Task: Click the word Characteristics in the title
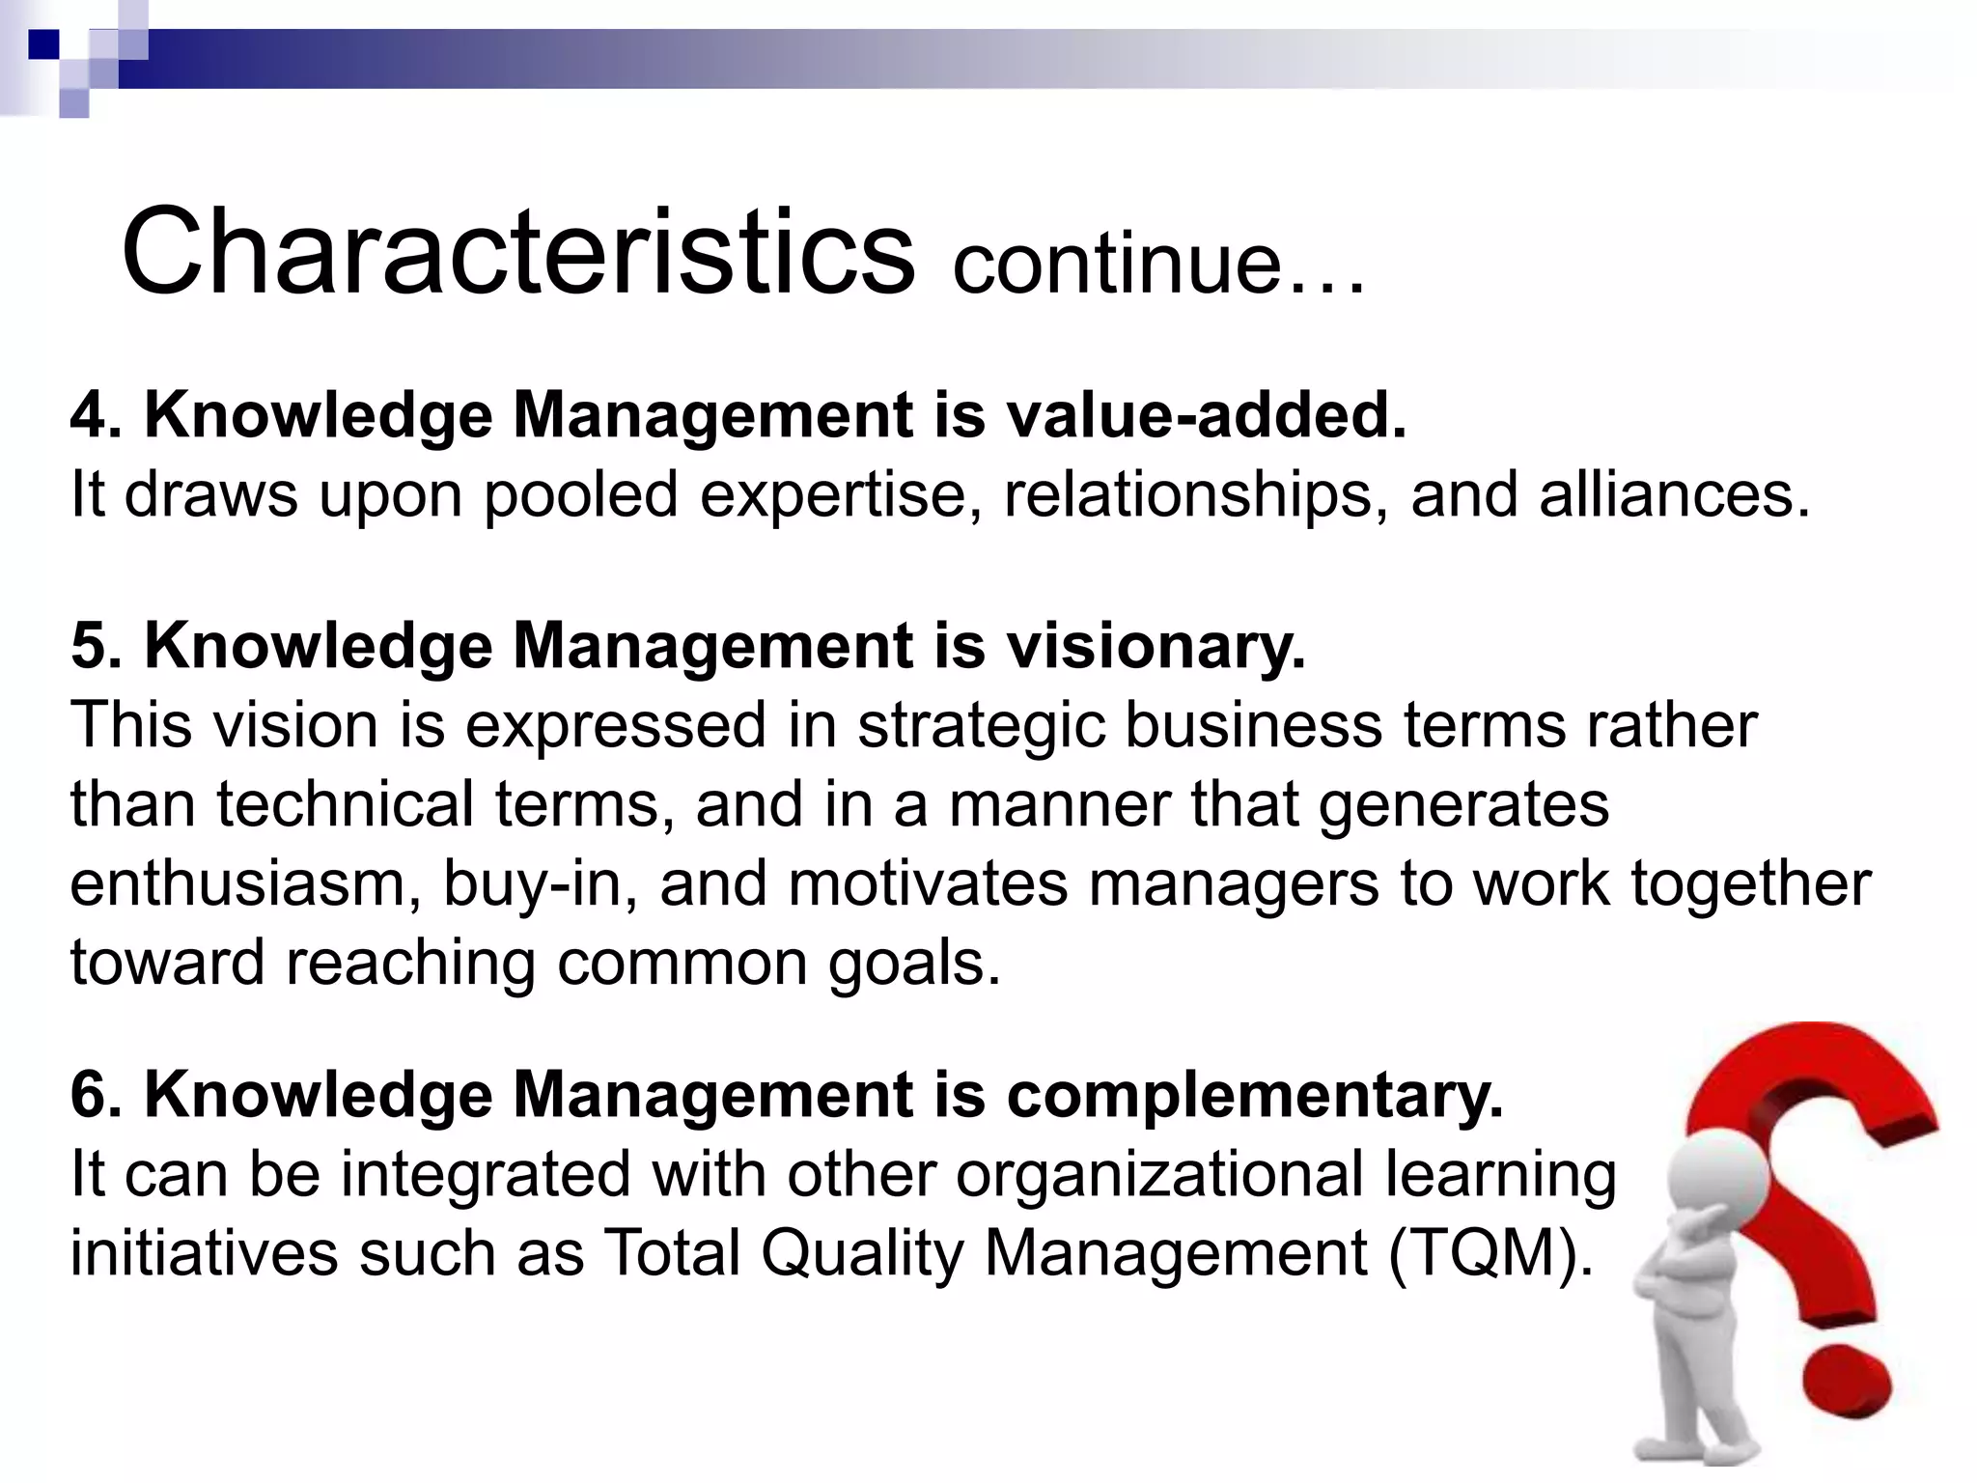(517, 253)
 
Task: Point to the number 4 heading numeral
(89, 416)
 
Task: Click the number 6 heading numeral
(89, 1096)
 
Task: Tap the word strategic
(981, 726)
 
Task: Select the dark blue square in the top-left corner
(43, 44)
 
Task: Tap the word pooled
(580, 496)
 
